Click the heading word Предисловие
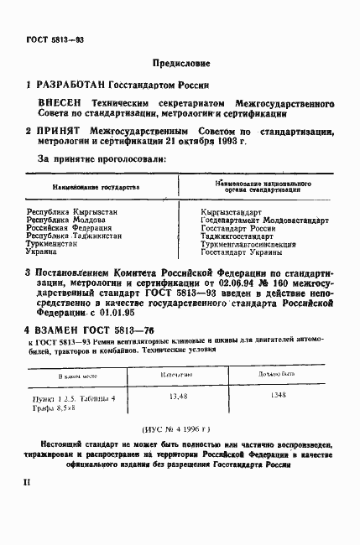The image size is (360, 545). point(179,63)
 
